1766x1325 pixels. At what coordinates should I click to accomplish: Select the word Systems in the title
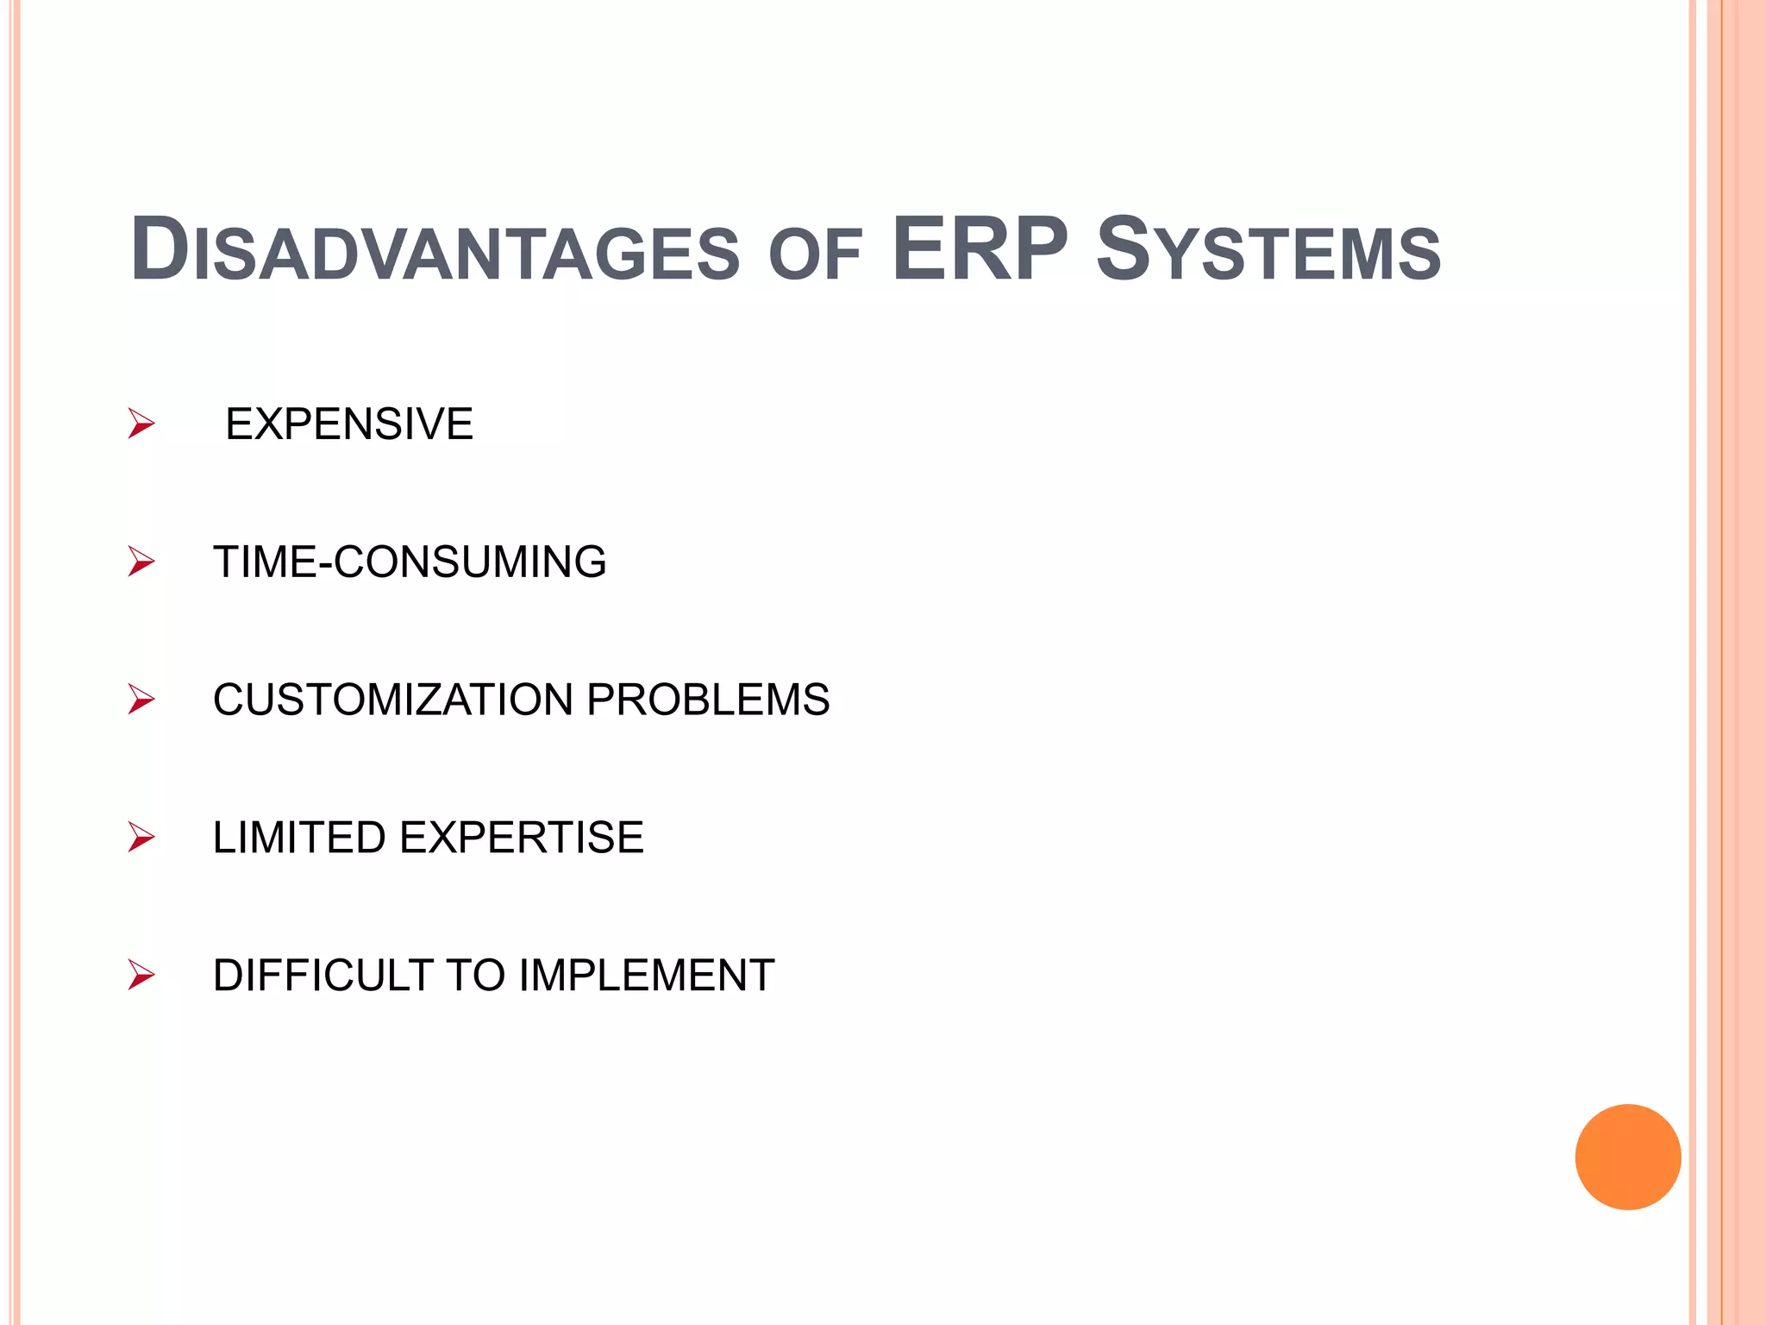(1268, 251)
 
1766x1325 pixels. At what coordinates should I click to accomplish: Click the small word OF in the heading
(816, 256)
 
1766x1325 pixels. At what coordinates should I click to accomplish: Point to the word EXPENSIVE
(349, 424)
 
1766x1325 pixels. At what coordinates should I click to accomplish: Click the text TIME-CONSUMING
(410, 562)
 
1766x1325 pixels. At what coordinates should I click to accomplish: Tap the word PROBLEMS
(708, 700)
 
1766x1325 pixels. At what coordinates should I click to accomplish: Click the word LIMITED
(299, 838)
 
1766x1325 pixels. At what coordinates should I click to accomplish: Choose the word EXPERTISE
(521, 838)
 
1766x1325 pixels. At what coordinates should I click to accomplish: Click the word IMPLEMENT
(647, 976)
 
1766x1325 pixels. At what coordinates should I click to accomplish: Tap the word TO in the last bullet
(474, 976)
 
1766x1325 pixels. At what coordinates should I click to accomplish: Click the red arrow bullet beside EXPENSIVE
(141, 424)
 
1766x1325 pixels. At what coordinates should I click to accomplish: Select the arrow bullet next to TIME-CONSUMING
(141, 562)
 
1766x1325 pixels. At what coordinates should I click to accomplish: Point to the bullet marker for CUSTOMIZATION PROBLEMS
(141, 700)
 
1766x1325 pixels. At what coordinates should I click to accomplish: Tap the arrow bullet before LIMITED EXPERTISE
(141, 838)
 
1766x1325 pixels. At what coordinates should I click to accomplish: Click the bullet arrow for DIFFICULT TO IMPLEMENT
(141, 976)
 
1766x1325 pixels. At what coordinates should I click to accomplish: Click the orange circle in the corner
(1627, 1157)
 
